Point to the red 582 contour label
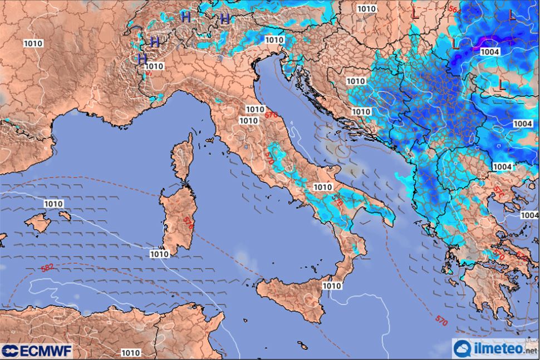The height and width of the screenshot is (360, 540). pos(47,268)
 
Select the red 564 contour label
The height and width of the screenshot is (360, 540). pos(454,9)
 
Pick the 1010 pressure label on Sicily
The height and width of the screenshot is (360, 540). pos(332,285)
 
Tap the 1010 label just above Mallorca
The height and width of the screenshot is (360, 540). pos(53,204)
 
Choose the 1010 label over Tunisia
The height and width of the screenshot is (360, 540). pos(130,352)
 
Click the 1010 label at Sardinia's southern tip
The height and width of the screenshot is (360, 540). pos(159,254)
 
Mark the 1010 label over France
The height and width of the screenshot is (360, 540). pos(33,43)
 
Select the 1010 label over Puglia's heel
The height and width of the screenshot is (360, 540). pos(323,188)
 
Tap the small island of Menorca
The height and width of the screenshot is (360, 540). pos(65,215)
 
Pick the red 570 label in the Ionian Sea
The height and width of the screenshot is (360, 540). pos(441,321)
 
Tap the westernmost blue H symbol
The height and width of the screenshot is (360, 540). pos(142,58)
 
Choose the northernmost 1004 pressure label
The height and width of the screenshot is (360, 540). pos(490,52)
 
